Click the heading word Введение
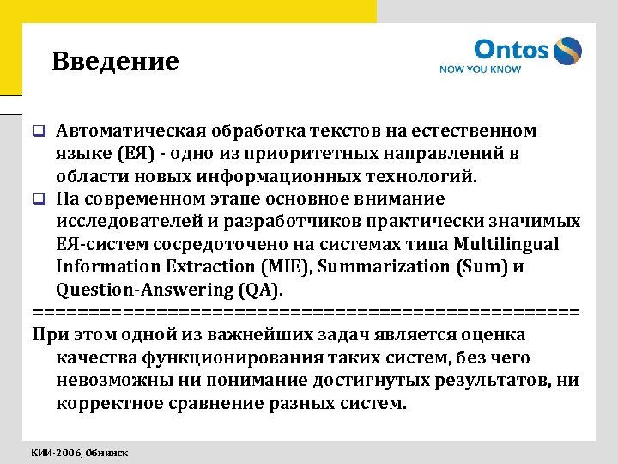pos(115,62)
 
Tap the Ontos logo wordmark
pos(511,49)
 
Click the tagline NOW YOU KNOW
pos(480,70)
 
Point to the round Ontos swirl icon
pos(567,51)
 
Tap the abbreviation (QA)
pos(251,289)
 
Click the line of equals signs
pos(306,310)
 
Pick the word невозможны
pos(112,379)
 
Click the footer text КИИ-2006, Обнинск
pos(80,452)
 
